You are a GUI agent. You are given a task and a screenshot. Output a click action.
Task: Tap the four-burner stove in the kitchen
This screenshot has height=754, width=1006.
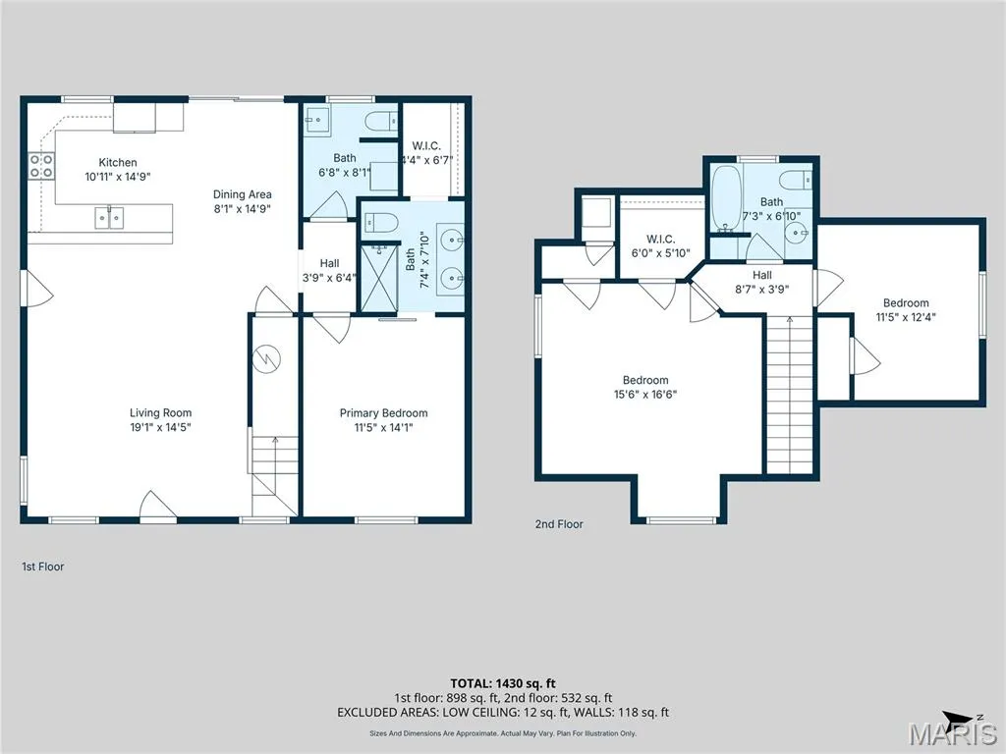[x=41, y=165]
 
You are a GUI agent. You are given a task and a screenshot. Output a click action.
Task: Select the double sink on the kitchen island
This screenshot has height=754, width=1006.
[x=110, y=218]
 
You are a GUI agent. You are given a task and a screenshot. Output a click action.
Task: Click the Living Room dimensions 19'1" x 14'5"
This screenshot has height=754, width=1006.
[x=160, y=427]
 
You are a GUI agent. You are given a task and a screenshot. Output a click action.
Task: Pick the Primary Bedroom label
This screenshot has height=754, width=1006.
[x=384, y=413]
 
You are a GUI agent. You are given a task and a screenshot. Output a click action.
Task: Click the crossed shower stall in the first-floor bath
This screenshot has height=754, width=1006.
[x=379, y=279]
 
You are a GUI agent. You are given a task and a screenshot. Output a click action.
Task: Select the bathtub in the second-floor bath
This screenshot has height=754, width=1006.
[x=727, y=198]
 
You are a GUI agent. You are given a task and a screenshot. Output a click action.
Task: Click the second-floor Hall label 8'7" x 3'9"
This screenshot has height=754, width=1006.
[x=762, y=282]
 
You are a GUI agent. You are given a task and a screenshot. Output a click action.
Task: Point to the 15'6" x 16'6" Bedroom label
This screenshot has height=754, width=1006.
[x=645, y=387]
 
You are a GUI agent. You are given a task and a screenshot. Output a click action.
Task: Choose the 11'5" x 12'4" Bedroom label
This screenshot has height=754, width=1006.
[x=906, y=309]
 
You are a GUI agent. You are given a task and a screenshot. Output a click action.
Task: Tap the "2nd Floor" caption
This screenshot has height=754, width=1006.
[x=559, y=524]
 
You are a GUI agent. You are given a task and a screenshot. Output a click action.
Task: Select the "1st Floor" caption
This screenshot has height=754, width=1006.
[x=43, y=566]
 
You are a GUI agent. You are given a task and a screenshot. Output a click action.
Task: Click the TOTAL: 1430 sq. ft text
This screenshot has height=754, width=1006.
[x=503, y=683]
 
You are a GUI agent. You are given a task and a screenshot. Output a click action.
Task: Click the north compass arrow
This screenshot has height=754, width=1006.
[x=960, y=718]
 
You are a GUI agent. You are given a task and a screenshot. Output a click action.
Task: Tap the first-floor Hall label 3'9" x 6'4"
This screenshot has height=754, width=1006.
[x=330, y=271]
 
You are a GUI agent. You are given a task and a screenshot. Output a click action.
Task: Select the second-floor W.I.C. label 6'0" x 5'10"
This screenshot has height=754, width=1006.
[x=661, y=246]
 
